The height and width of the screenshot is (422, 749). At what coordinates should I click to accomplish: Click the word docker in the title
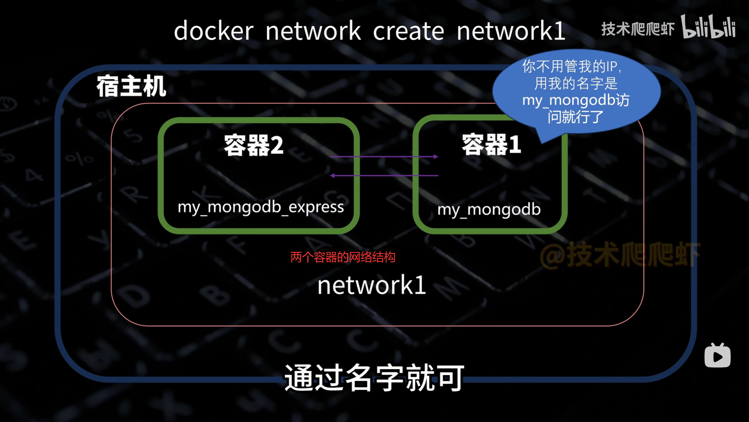[213, 31]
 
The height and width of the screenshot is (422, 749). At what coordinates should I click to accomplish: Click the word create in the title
[408, 31]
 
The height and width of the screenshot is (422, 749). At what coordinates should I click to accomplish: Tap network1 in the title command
[511, 31]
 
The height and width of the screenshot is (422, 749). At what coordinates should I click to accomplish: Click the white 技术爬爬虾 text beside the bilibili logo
[637, 29]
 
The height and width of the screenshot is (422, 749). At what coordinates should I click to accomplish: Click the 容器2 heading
[254, 145]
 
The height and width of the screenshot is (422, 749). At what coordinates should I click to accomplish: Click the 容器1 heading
[491, 145]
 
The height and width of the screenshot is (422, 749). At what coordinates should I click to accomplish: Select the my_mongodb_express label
[261, 207]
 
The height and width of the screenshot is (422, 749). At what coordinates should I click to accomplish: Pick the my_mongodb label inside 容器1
[489, 209]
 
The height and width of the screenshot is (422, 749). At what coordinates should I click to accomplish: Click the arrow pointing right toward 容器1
[384, 157]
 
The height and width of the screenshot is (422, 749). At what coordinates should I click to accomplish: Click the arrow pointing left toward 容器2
[384, 175]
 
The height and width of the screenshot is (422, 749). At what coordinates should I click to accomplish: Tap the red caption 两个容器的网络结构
[343, 257]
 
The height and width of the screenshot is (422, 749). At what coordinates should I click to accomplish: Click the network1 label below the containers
[371, 285]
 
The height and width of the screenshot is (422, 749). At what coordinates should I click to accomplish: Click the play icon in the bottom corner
[717, 356]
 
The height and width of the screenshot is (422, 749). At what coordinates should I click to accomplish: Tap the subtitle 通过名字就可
[374, 377]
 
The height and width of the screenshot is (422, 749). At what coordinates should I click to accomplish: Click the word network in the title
[313, 31]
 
